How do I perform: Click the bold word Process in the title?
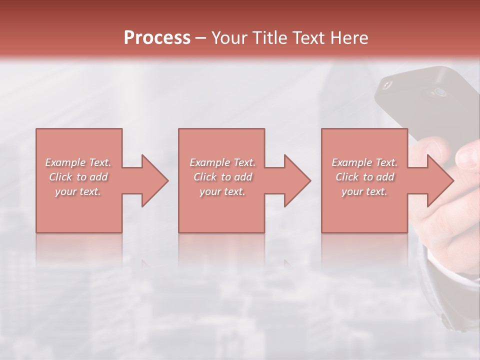[157, 38]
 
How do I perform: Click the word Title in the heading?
[268, 38]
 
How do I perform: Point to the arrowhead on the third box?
[438, 180]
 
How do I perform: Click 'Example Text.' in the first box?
[78, 162]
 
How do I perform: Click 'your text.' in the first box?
[78, 191]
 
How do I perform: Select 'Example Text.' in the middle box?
[222, 162]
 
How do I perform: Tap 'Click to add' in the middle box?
[222, 177]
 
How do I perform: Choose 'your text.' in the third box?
[364, 191]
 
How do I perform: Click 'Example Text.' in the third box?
[364, 162]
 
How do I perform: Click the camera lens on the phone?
[439, 92]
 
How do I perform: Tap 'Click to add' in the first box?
[78, 177]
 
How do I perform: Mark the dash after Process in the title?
[200, 38]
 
